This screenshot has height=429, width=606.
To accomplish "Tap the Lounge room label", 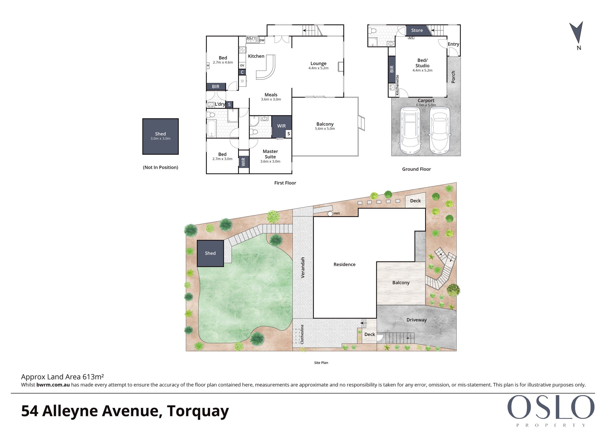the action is tap(318, 64).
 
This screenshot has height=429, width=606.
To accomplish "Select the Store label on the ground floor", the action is tap(417, 30).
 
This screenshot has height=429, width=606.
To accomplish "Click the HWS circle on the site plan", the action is tap(330, 214).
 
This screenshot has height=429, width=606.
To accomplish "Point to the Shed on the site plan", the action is tap(210, 253).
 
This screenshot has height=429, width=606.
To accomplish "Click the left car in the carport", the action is tap(410, 130).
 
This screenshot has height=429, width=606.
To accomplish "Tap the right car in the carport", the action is tap(439, 130).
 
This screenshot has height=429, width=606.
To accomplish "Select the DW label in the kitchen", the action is tap(262, 40).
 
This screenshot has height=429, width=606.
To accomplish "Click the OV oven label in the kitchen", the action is tap(242, 65).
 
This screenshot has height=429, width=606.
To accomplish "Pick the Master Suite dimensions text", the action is tap(270, 161).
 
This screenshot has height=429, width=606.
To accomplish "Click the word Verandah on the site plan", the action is tap(303, 268).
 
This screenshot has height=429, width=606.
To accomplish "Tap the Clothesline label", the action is tap(302, 334).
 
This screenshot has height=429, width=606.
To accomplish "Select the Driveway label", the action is tap(416, 320).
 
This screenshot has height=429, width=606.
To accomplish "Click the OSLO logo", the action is tap(551, 407).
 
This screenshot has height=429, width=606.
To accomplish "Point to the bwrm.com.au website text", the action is tap(53, 385).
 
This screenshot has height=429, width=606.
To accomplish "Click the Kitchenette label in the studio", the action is tap(397, 85).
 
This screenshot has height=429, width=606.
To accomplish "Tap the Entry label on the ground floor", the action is tap(453, 44).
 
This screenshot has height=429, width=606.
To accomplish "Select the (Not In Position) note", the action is tap(160, 167).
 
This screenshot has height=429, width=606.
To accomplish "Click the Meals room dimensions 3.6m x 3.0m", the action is tap(271, 99).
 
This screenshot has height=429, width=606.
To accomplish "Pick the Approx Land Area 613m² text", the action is tap(62, 377).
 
